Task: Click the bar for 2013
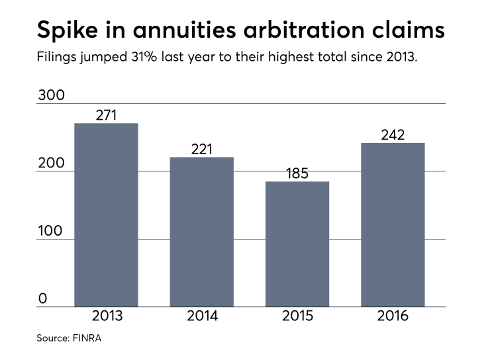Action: tap(106, 215)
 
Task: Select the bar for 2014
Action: tap(202, 232)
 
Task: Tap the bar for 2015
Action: tap(297, 244)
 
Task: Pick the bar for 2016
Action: tap(393, 225)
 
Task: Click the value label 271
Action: tap(106, 115)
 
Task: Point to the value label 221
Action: tap(202, 149)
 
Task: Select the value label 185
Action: tap(297, 173)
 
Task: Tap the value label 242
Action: tap(393, 134)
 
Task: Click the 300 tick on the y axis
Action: tap(51, 95)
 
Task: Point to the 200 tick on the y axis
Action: tap(51, 163)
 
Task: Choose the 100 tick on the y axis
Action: tap(51, 231)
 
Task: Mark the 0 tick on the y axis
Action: tap(42, 298)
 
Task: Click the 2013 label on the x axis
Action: tap(106, 316)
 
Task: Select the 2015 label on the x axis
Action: tap(297, 316)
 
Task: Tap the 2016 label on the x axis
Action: tap(393, 316)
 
